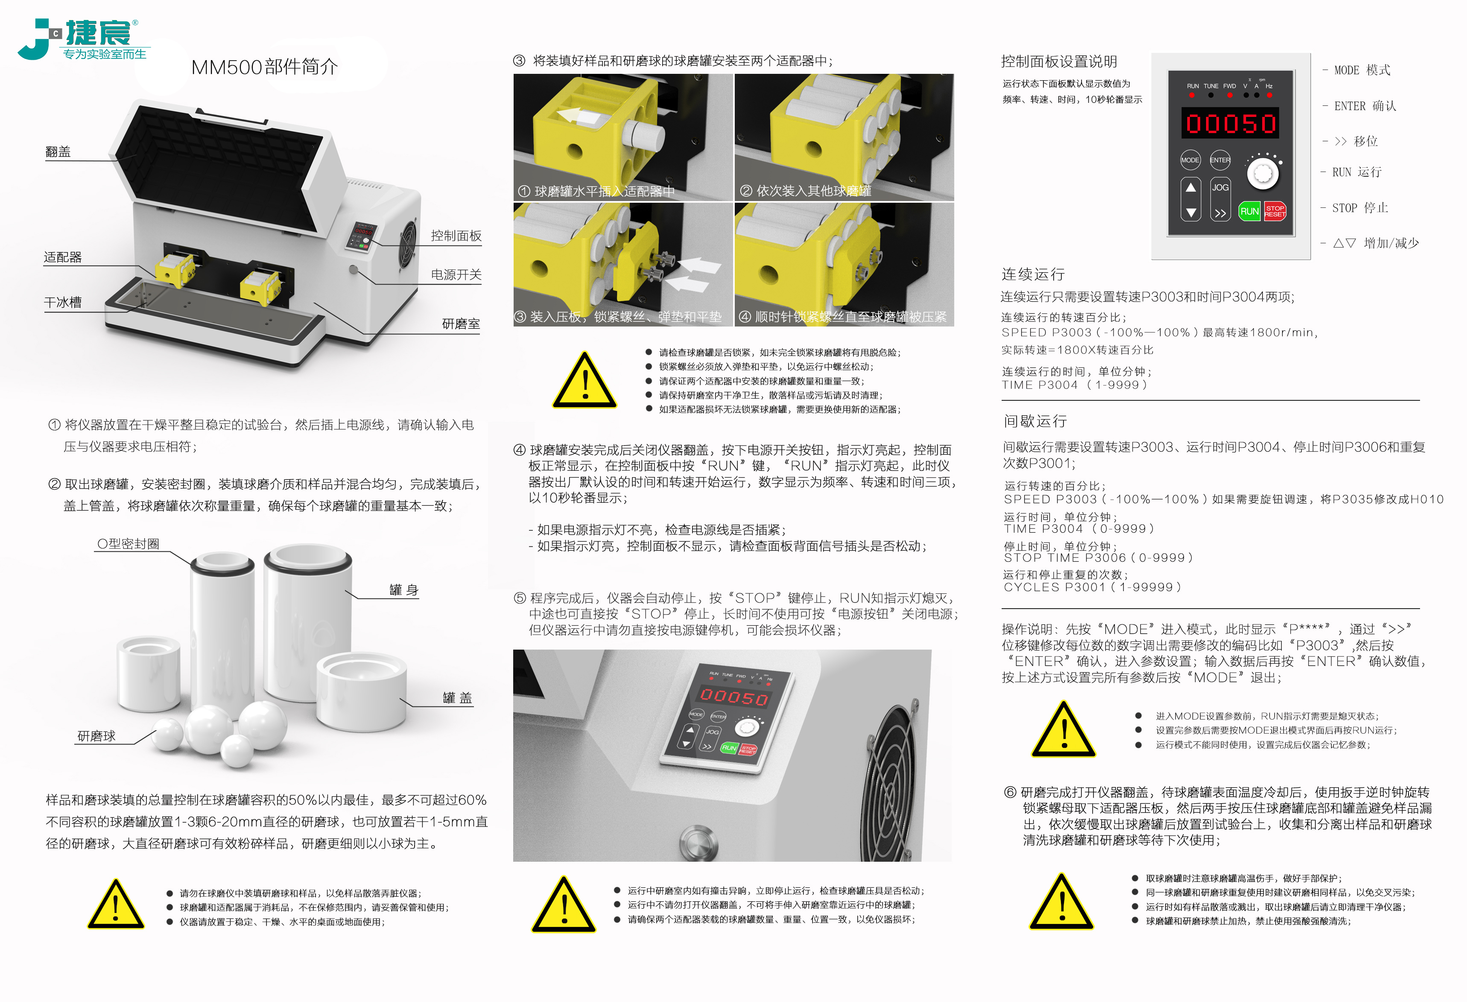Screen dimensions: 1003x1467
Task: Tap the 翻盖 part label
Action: tap(58, 152)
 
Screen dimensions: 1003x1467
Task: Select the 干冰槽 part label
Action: tap(62, 302)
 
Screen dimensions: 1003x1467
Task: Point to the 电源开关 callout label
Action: tap(456, 274)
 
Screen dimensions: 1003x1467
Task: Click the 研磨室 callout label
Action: tap(461, 324)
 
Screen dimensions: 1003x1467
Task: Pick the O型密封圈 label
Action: tap(128, 543)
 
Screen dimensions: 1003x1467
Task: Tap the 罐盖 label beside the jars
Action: tap(457, 697)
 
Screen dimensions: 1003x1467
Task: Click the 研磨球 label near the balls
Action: tap(96, 736)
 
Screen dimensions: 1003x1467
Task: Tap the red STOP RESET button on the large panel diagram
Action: tap(1274, 211)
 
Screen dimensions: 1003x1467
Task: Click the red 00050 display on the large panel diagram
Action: tap(1230, 123)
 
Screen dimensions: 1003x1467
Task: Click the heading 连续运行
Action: tap(1033, 274)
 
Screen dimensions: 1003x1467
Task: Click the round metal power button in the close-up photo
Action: tap(699, 840)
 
